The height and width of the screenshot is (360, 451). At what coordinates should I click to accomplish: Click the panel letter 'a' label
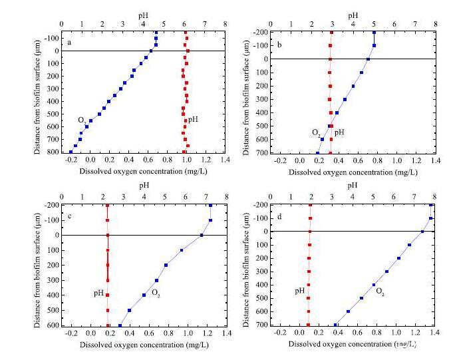click(69, 43)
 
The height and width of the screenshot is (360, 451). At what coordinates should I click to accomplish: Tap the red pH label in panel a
click(192, 120)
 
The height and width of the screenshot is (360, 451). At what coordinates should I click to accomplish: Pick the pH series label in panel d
click(299, 291)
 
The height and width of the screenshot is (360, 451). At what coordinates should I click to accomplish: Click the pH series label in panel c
click(98, 292)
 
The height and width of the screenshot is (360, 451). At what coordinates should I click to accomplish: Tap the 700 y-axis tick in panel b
click(267, 153)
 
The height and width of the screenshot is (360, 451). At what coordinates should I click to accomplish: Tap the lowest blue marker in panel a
click(71, 152)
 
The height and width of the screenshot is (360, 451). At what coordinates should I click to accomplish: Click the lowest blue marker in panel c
click(120, 325)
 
